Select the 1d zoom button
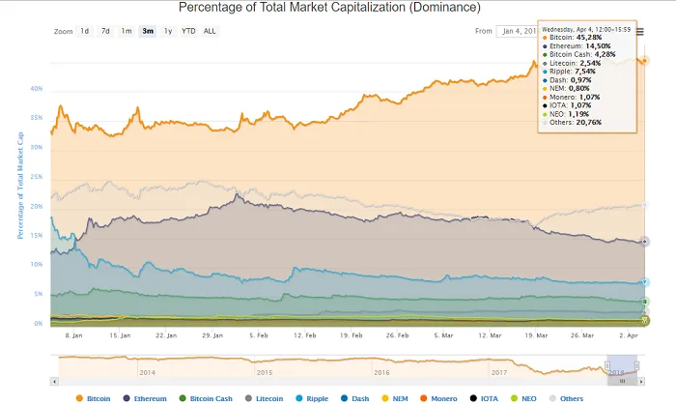(85, 31)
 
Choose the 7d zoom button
(105, 31)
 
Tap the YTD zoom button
(188, 31)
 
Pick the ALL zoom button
(210, 31)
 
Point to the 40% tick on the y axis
(36, 89)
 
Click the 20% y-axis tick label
(36, 207)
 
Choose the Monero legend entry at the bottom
(440, 397)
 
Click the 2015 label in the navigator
(264, 371)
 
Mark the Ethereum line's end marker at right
(645, 242)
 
